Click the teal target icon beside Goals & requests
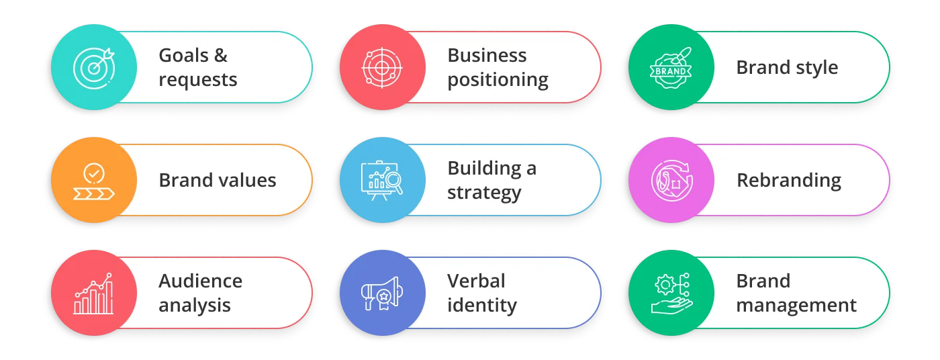click(x=94, y=67)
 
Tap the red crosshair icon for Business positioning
click(x=382, y=67)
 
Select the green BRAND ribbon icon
click(x=670, y=67)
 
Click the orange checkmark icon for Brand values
click(x=94, y=180)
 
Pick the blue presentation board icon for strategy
click(x=382, y=180)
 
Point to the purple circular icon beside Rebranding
click(x=670, y=180)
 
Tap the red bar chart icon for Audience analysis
click(x=94, y=294)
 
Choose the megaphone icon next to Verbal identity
click(x=382, y=294)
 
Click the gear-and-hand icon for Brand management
click(x=670, y=294)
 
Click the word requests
click(x=198, y=80)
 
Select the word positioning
click(x=498, y=80)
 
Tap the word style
click(x=814, y=68)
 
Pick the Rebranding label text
click(x=788, y=181)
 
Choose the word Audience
click(x=200, y=281)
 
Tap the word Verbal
click(x=476, y=281)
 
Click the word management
click(x=796, y=306)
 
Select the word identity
click(x=482, y=306)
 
